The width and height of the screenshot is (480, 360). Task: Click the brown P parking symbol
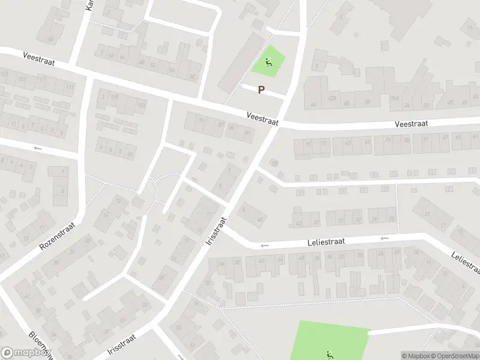[x=261, y=89]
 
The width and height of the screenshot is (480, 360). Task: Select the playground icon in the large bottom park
[x=329, y=355]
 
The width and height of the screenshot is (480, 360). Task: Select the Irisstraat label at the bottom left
[x=122, y=344]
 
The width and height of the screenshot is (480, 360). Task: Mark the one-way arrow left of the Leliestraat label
[x=265, y=245]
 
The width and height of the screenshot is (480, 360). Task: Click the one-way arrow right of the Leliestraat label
[x=384, y=238]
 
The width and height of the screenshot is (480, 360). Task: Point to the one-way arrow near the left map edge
[x=38, y=148]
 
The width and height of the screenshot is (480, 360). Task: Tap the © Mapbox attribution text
[x=414, y=356]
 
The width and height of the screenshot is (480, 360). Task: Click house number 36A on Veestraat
[x=395, y=99]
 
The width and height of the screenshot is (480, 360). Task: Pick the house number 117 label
[x=41, y=79]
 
